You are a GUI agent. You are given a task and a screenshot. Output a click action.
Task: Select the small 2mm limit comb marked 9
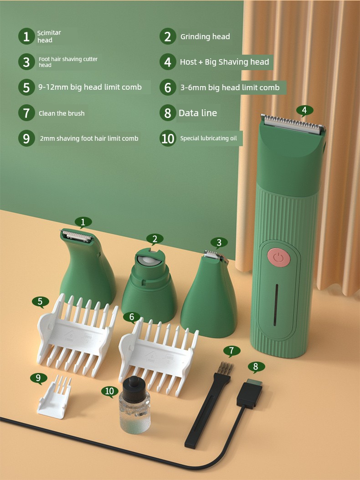point(55,398)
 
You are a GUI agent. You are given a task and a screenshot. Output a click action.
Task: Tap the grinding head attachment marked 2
point(149,285)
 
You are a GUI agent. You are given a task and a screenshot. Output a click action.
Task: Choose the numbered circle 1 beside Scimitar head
point(26,36)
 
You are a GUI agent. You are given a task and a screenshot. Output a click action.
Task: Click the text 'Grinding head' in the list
point(205,37)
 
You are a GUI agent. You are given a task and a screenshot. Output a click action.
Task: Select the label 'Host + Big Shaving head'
point(224,62)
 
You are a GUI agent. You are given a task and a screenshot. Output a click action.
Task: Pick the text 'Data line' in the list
point(198,113)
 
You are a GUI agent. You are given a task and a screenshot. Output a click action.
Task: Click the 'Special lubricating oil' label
point(208,138)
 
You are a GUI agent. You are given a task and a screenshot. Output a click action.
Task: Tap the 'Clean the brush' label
point(62,113)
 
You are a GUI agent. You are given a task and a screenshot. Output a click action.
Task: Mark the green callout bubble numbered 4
point(304,110)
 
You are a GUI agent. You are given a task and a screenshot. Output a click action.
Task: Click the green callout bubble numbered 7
point(231,351)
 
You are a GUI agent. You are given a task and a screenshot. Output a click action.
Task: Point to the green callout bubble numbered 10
point(109,391)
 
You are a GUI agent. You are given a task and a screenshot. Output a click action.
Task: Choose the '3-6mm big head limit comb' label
point(230,87)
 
